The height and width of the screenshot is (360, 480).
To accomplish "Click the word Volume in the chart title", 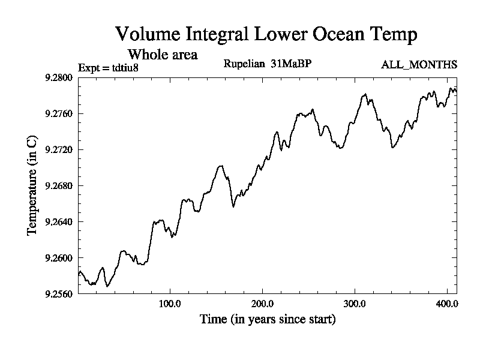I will (x=145, y=34).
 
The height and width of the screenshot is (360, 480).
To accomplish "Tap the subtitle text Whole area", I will (x=163, y=55).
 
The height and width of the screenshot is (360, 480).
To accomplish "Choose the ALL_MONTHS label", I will (x=419, y=65).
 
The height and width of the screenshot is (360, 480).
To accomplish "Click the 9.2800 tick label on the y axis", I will (x=58, y=77).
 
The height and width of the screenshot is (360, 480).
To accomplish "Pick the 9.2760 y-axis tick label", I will (x=58, y=113).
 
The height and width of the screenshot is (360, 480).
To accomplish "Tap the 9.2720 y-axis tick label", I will (x=58, y=149).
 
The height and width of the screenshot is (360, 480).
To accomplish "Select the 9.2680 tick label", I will (x=58, y=185).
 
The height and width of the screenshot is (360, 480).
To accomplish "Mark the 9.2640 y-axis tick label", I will (x=58, y=222).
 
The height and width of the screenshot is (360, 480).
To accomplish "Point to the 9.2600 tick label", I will (x=58, y=258).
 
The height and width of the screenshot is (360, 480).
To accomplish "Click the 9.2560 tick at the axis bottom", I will (x=58, y=294).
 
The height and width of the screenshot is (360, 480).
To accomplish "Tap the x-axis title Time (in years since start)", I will (x=268, y=320).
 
